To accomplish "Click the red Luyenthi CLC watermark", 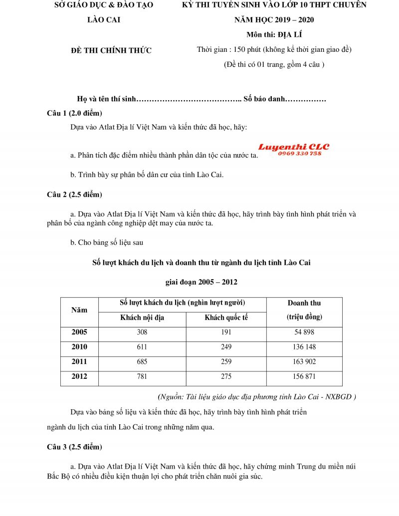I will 293,147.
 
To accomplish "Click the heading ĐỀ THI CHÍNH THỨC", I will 112,50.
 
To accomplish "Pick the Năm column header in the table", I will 79,310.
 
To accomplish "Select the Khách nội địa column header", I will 142,318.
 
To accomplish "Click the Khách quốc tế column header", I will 226,318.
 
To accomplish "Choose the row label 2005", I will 79,332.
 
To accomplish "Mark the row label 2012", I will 79,376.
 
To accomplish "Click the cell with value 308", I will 142,332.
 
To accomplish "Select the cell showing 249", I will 226,347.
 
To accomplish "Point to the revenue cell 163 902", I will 304,361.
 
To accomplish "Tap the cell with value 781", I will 142,376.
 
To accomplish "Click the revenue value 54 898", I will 304,332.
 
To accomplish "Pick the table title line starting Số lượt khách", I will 201,262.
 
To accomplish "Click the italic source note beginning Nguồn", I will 256,397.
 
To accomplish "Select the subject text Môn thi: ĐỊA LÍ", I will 274,34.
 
